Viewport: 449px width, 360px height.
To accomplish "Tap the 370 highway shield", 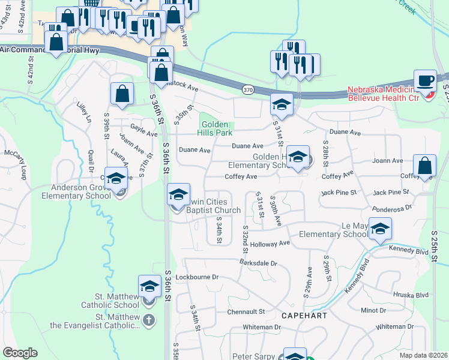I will click(248, 89).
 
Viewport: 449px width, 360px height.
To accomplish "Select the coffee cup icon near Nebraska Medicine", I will click(426, 80).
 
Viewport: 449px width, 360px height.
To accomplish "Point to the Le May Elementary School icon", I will click(380, 229).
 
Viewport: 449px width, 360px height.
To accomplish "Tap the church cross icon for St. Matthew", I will click(149, 320).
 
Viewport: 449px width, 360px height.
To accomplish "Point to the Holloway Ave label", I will click(270, 244).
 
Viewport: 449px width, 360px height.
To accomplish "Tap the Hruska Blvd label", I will click(411, 295).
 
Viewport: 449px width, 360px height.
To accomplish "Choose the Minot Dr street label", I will click(374, 310).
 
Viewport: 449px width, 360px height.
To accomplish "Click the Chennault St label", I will click(246, 311).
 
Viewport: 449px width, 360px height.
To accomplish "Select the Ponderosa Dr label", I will click(392, 207).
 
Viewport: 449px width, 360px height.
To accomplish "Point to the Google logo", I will click(20, 353).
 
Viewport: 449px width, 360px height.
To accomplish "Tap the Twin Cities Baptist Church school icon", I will click(178, 194).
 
